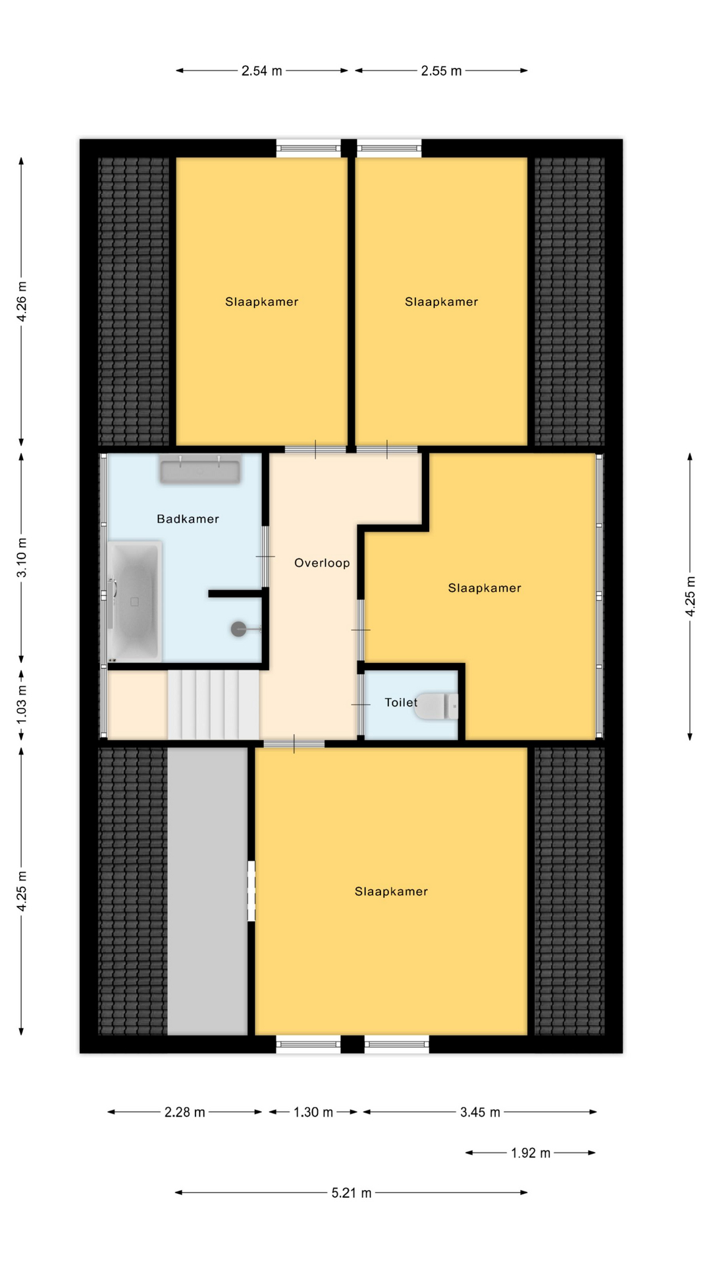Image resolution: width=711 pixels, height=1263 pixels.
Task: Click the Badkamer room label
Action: coord(188,519)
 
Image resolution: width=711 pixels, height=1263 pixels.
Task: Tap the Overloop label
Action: coord(322,563)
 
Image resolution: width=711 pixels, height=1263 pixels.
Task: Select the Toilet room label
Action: coord(401,703)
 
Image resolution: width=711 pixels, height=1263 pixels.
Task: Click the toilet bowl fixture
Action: coord(436,706)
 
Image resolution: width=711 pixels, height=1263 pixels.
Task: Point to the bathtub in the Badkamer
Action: coord(134,601)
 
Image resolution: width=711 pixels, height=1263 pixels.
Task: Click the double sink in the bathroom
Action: coord(199,470)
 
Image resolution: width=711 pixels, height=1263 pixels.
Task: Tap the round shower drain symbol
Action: coord(239,629)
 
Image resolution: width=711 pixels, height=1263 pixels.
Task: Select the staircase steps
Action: coord(213,705)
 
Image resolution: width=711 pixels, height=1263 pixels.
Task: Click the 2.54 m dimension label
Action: coord(261,71)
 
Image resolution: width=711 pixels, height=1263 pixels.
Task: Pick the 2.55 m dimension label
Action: coord(441,71)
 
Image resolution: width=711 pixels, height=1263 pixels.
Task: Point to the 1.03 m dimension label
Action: coord(22,705)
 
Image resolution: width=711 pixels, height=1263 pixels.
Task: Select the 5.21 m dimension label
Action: coord(352,1193)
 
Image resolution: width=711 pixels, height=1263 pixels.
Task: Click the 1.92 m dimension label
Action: coord(531,1153)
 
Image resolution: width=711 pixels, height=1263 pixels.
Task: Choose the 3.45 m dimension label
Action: coord(480,1112)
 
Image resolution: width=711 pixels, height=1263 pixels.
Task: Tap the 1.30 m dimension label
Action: coord(313,1112)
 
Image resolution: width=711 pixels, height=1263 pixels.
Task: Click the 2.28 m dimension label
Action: coord(185,1112)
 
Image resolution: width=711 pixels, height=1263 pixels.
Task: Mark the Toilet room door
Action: coord(361,705)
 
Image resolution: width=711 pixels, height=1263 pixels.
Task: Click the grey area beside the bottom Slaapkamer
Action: coord(207,891)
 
